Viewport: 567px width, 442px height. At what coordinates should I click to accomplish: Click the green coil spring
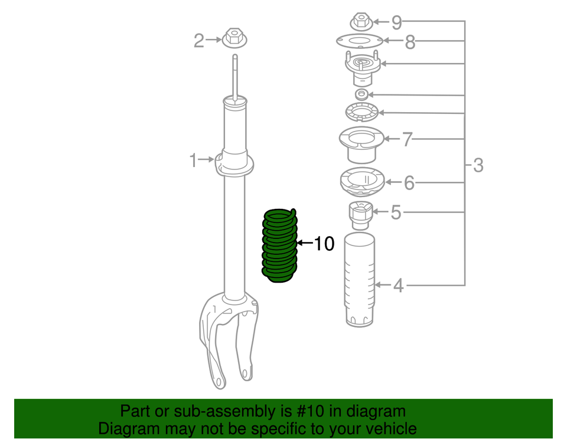(279, 245)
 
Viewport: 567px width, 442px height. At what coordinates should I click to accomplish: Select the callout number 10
(324, 243)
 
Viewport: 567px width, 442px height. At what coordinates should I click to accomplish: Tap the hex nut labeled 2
(233, 39)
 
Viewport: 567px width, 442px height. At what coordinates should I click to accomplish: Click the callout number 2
(199, 40)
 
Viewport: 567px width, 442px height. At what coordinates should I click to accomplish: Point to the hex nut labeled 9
(361, 22)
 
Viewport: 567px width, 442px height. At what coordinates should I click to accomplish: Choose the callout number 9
(396, 22)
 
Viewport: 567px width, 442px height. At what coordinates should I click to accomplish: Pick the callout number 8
(410, 42)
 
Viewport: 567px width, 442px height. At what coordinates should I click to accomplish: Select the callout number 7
(407, 140)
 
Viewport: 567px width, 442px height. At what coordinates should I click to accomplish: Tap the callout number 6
(409, 183)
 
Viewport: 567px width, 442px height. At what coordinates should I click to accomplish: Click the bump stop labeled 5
(360, 215)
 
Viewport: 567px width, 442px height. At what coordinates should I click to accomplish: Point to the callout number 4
(398, 286)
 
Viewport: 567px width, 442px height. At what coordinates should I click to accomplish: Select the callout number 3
(478, 165)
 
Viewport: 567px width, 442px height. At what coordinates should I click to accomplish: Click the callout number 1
(193, 160)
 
